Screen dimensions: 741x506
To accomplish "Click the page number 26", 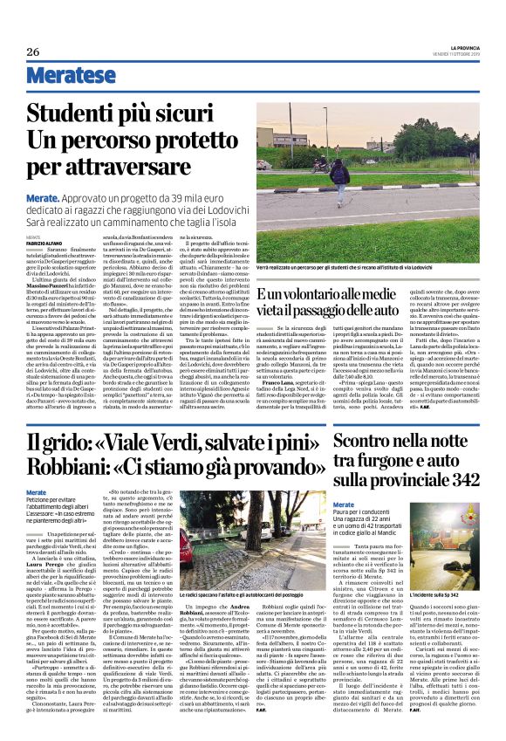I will click(33, 51).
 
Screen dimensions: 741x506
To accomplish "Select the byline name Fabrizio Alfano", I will click(44, 242).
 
